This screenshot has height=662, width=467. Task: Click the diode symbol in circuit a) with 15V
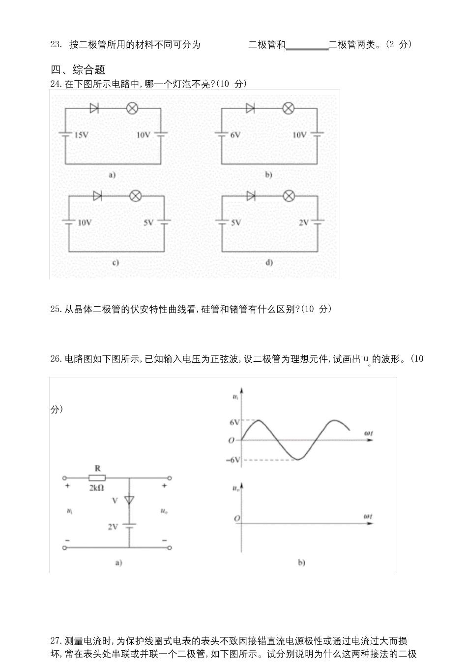tap(94, 108)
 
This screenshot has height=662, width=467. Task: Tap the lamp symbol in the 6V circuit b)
tap(288, 108)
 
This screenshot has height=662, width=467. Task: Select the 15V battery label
tap(81, 135)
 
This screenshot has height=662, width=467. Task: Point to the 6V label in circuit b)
tap(235, 135)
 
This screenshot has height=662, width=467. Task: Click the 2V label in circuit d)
tap(304, 222)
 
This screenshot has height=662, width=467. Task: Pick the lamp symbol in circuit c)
tap(135, 196)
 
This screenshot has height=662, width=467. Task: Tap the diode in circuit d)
tap(251, 196)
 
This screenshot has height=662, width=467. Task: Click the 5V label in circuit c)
tap(148, 222)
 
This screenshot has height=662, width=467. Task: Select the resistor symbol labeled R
tap(97, 477)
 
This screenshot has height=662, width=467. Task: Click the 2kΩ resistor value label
tap(96, 488)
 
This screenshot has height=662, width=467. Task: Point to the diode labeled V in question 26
tap(129, 500)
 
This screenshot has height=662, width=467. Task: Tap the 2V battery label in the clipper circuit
tap(113, 526)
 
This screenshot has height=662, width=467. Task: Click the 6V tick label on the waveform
tap(234, 422)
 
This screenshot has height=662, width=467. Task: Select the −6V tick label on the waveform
tap(233, 460)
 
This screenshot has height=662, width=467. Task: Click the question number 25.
tap(56, 309)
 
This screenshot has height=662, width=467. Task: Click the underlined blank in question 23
tap(307, 46)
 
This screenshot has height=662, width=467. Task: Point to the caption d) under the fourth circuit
tap(269, 263)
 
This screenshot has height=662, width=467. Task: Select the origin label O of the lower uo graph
tap(237, 519)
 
